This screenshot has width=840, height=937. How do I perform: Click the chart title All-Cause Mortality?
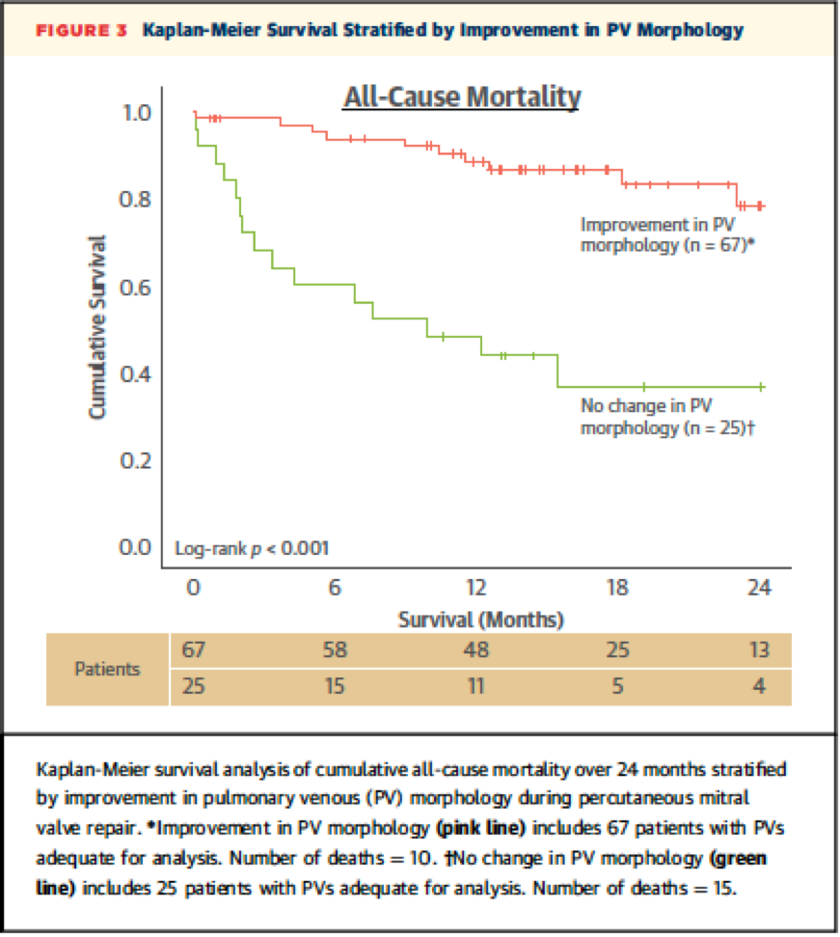(x=462, y=97)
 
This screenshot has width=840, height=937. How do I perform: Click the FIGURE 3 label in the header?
(x=82, y=30)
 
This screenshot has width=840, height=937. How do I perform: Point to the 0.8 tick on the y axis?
(x=137, y=201)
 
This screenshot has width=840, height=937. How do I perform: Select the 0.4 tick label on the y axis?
(x=137, y=374)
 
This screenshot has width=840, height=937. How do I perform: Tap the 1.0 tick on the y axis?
(x=137, y=114)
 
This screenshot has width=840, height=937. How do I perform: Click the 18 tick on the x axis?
(x=617, y=588)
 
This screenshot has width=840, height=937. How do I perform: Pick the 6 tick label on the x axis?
(x=335, y=588)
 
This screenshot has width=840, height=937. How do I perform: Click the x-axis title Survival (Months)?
(x=480, y=619)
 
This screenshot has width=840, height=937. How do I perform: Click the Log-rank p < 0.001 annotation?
(x=252, y=549)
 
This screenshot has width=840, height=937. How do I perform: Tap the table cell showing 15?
(x=335, y=688)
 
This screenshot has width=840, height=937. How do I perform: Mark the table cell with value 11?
(x=476, y=688)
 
